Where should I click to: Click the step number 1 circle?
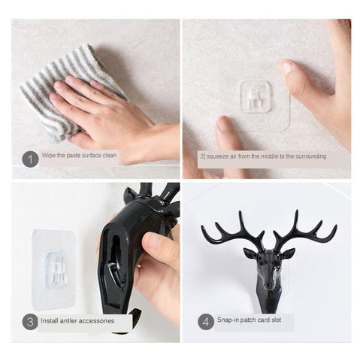pos(30,159)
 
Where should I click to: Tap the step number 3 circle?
pos(30,322)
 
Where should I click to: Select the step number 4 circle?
pos(205,322)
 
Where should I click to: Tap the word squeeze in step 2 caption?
pos(224,156)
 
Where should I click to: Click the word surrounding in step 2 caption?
pos(307,156)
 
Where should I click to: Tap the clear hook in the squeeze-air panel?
pos(256,97)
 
